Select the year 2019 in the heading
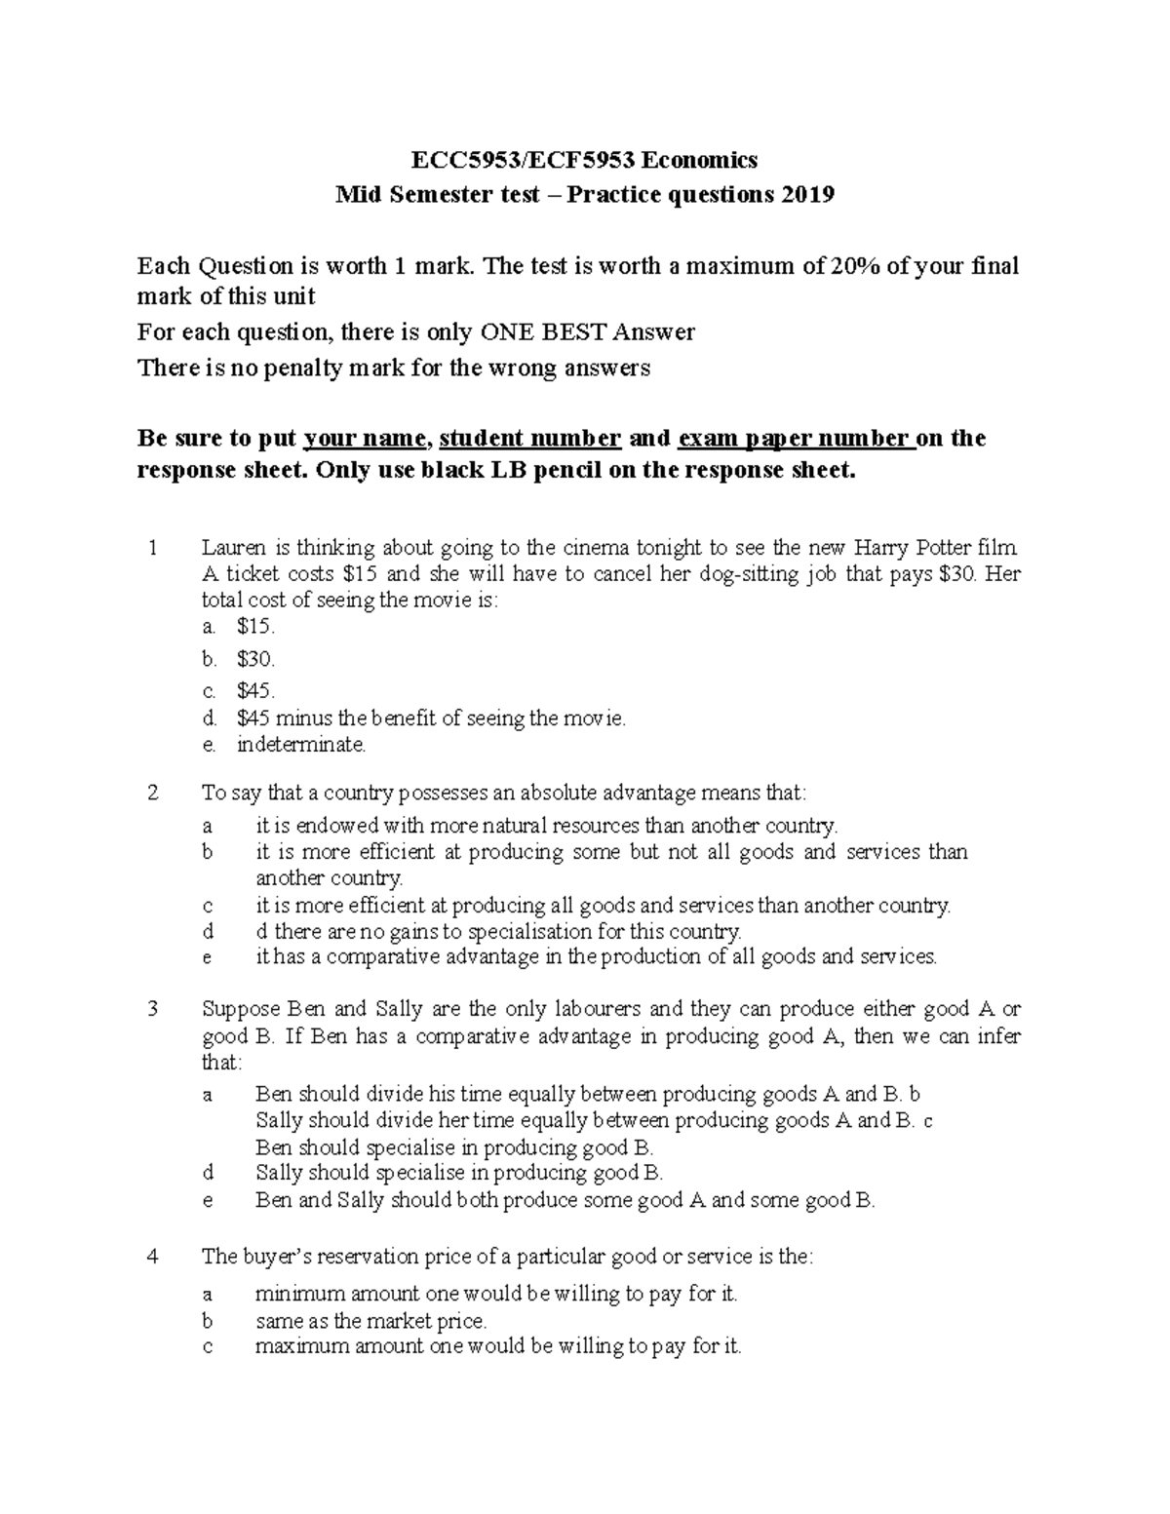[806, 195]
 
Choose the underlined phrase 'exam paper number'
[796, 439]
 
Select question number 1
[152, 548]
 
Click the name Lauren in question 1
[232, 548]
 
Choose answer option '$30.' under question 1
[255, 660]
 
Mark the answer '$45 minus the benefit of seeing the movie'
[430, 719]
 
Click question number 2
[152, 793]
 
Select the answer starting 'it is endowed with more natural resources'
[546, 827]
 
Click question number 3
[152, 1009]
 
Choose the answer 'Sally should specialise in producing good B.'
[458, 1173]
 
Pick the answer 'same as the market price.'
[370, 1322]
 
